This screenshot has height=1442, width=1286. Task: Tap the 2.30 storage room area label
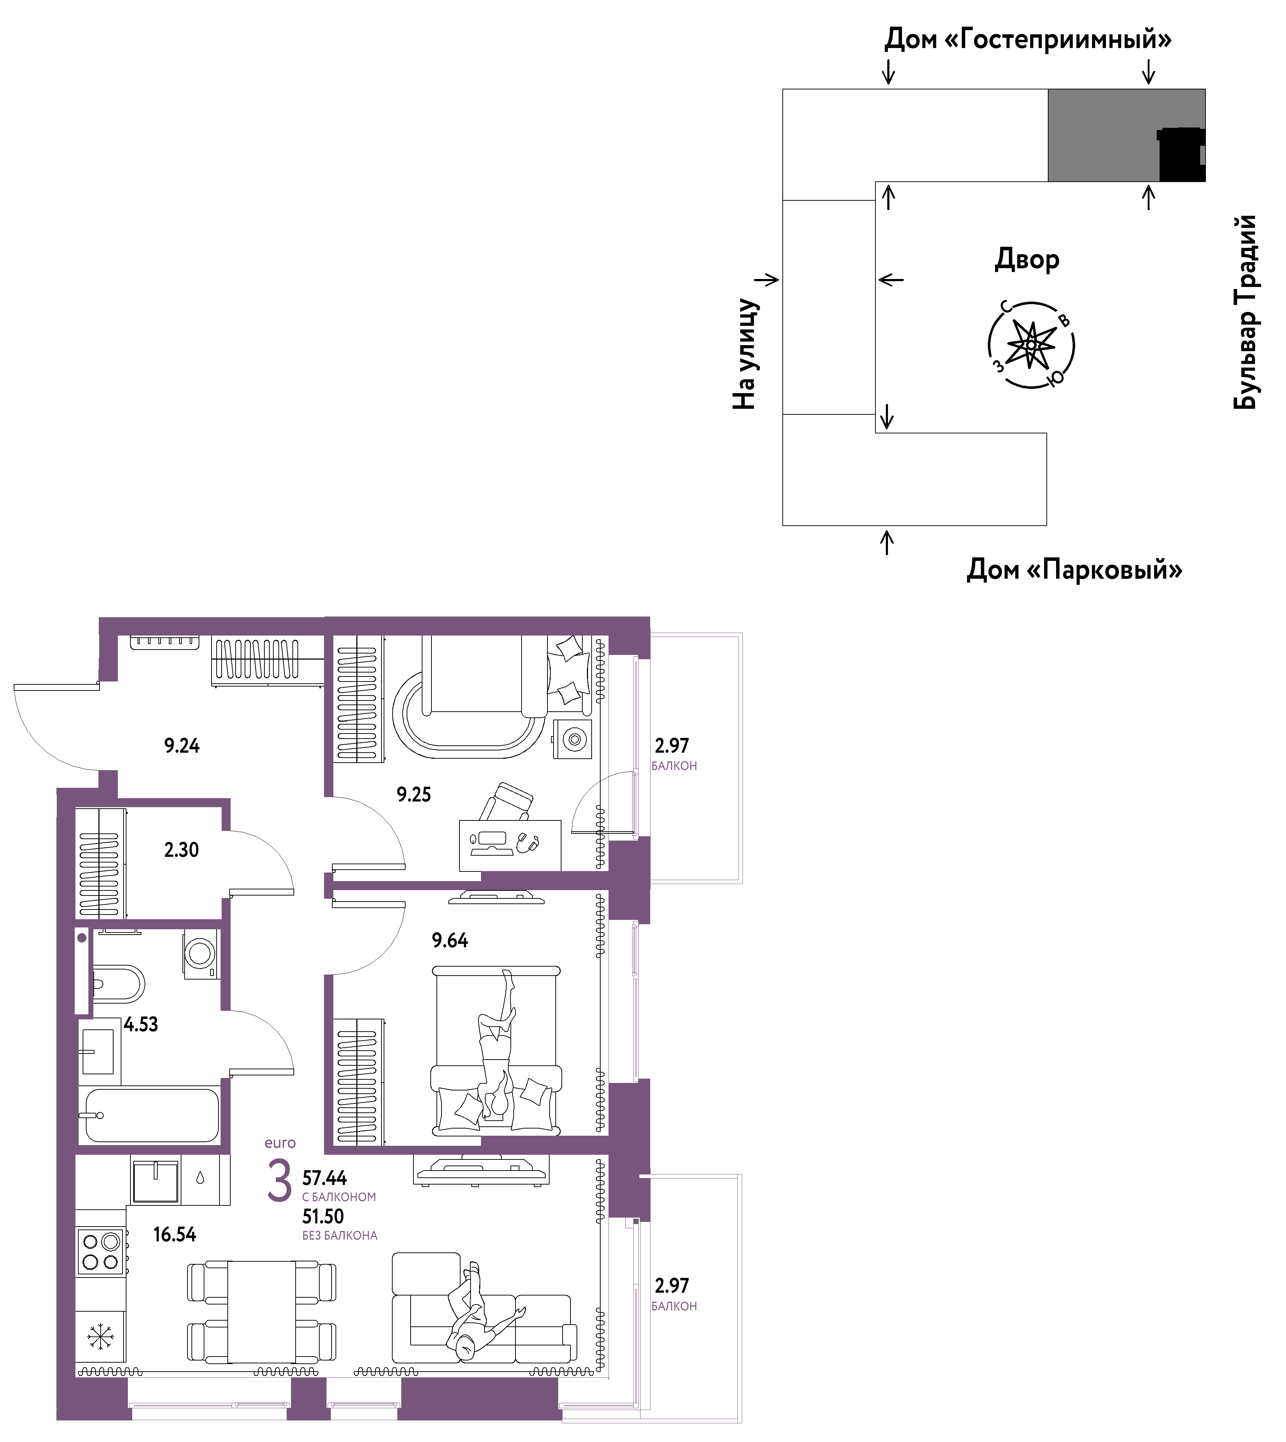pyautogui.click(x=182, y=850)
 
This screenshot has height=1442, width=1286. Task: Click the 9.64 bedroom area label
pyautogui.click(x=450, y=940)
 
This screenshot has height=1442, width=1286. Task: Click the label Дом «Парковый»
pyautogui.click(x=1074, y=569)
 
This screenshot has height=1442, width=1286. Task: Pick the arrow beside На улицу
pyautogui.click(x=767, y=280)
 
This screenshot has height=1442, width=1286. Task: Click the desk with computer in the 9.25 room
pyautogui.click(x=509, y=845)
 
